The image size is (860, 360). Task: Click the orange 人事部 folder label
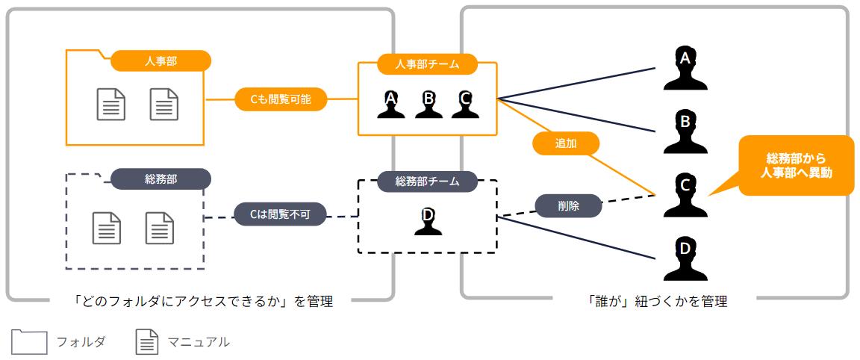(161, 60)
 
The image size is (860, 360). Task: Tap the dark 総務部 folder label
(161, 179)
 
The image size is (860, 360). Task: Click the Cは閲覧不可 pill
(280, 215)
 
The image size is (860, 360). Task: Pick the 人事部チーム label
(427, 64)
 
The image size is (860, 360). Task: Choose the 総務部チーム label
(427, 181)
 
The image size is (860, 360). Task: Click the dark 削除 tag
(568, 205)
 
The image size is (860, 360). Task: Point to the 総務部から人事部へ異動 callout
(795, 165)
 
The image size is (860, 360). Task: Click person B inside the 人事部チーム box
(429, 105)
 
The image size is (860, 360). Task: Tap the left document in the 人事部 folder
(111, 104)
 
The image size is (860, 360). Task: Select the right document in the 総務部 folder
(159, 228)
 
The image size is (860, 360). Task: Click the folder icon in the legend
(29, 341)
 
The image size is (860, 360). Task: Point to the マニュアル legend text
(199, 342)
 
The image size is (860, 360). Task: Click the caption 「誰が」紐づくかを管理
(658, 302)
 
